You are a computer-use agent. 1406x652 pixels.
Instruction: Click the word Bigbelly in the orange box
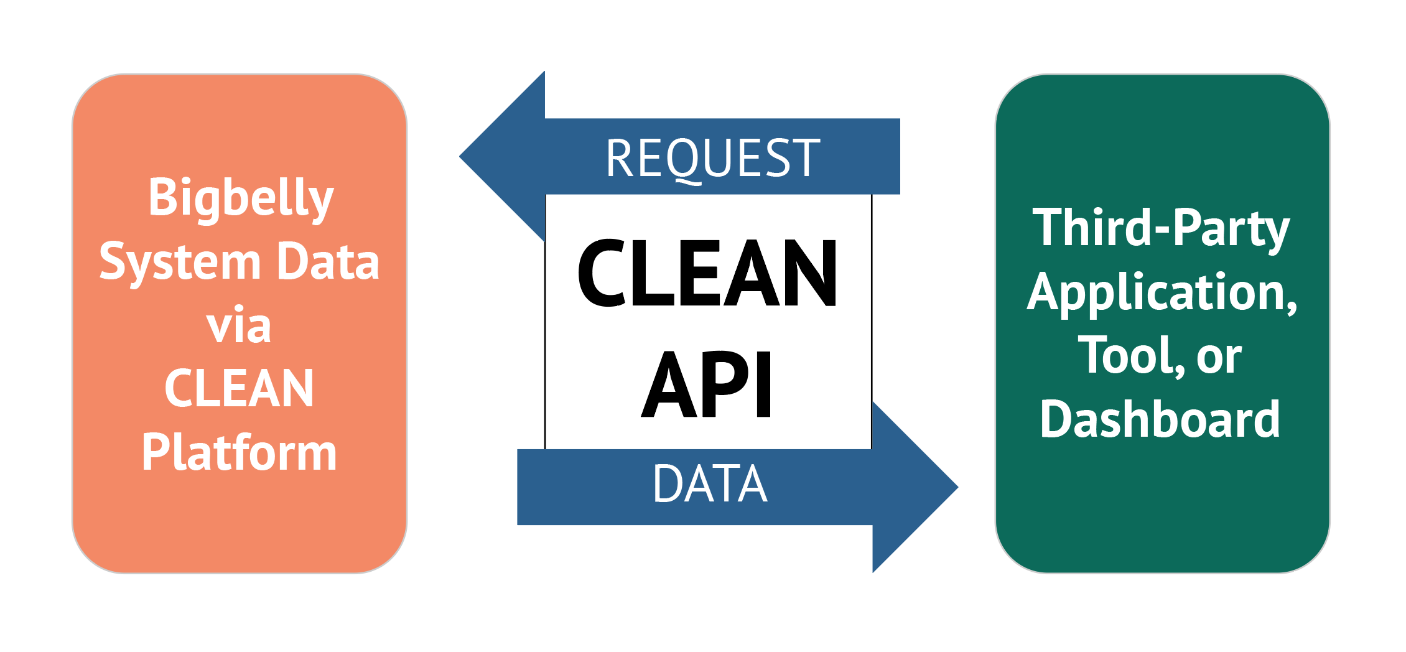(x=241, y=198)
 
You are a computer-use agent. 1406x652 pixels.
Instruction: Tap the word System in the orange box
(x=180, y=262)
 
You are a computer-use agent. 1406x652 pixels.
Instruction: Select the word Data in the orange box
(x=328, y=262)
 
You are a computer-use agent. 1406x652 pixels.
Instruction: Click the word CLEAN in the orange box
(x=239, y=389)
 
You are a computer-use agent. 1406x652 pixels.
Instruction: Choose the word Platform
(x=239, y=452)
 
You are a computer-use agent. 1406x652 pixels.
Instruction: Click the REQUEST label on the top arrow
(x=713, y=159)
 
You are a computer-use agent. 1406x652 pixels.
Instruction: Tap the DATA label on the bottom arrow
(x=710, y=484)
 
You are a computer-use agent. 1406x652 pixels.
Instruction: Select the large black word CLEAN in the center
(x=707, y=274)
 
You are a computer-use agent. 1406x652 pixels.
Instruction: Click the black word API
(x=707, y=384)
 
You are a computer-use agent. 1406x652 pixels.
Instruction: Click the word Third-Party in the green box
(x=1161, y=228)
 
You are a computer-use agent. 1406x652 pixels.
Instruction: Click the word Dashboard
(x=1160, y=420)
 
